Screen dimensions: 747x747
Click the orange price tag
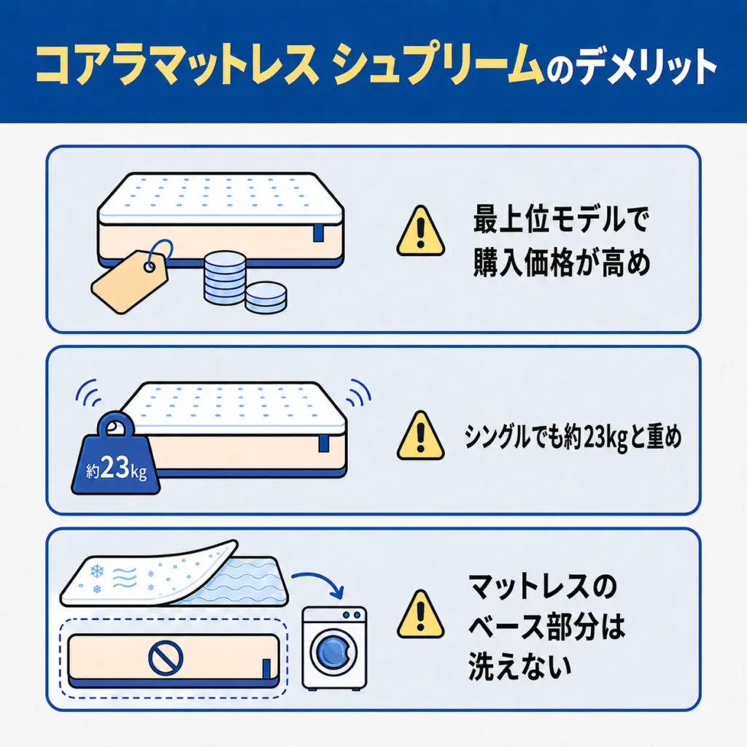click(x=130, y=281)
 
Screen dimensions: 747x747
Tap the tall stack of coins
click(x=225, y=278)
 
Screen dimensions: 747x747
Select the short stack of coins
click(x=266, y=298)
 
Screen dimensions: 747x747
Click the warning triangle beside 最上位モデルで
click(x=421, y=231)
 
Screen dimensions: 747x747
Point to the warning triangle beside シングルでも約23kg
click(x=421, y=436)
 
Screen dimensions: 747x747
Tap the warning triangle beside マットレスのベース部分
click(x=421, y=614)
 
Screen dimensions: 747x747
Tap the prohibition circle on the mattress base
click(x=166, y=658)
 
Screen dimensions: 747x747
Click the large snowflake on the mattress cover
click(x=97, y=570)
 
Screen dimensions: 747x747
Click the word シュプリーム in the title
click(x=438, y=65)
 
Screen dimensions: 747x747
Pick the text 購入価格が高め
click(x=562, y=263)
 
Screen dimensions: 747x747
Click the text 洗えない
click(x=519, y=665)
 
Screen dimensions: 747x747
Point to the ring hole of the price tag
click(x=150, y=266)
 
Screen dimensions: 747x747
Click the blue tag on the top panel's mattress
click(x=318, y=232)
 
